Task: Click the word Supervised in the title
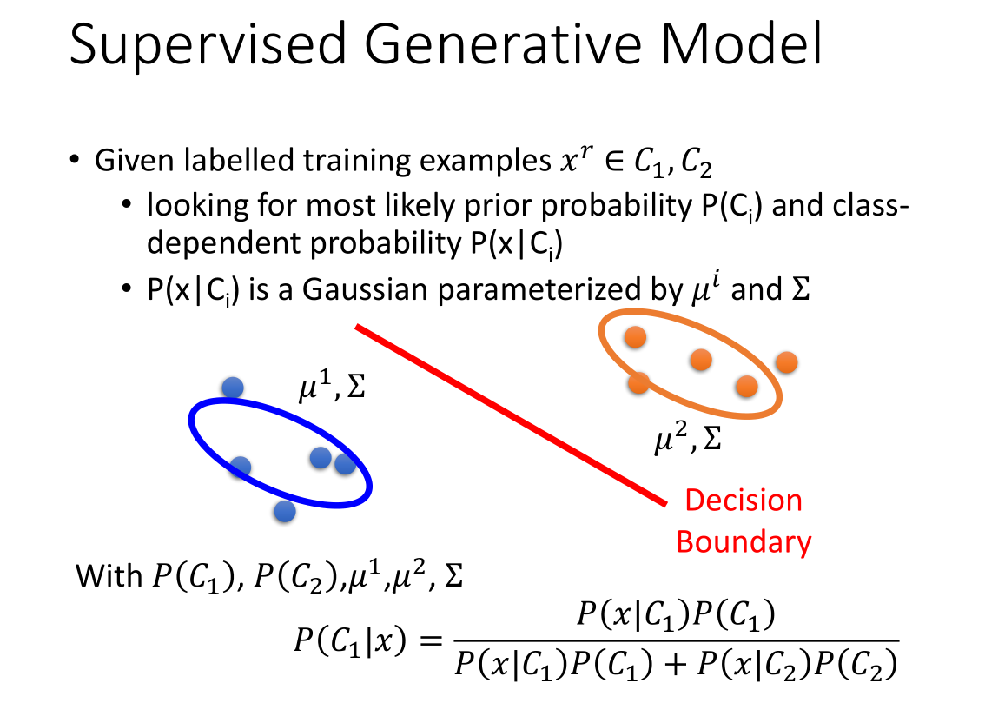[208, 45]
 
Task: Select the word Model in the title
[741, 43]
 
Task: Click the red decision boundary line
[511, 415]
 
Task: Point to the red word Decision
[744, 501]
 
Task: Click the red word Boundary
[744, 541]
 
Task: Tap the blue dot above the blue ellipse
[233, 388]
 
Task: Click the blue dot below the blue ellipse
[285, 511]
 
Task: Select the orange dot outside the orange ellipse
[786, 362]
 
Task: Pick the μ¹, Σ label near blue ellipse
[332, 385]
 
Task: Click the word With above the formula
[109, 575]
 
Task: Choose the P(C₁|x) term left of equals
[350, 641]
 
